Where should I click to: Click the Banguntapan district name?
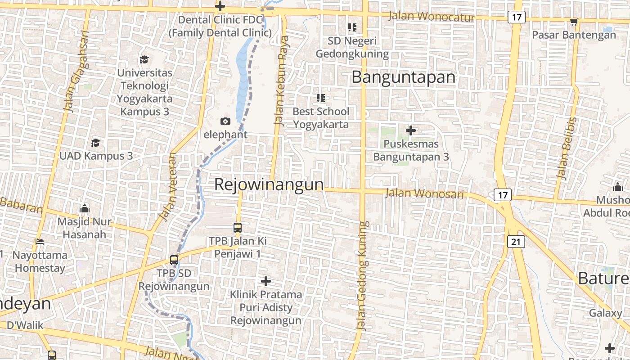pyautogui.click(x=403, y=77)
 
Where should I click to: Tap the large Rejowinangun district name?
pyautogui.click(x=269, y=184)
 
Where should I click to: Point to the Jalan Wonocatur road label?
pyautogui.click(x=431, y=17)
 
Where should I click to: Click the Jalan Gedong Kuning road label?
pyautogui.click(x=363, y=275)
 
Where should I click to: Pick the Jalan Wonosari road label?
pyautogui.click(x=424, y=193)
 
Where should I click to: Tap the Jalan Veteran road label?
pyautogui.click(x=167, y=187)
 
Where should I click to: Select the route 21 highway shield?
pyautogui.click(x=516, y=242)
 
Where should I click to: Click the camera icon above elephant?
pyautogui.click(x=225, y=121)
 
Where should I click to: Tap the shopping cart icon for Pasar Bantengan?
pyautogui.click(x=574, y=22)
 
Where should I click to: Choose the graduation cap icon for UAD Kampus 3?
pyautogui.click(x=95, y=143)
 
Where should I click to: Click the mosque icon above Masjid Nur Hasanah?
pyautogui.click(x=84, y=208)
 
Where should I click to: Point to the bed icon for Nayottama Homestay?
pyautogui.click(x=40, y=242)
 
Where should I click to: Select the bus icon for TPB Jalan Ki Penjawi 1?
pyautogui.click(x=237, y=228)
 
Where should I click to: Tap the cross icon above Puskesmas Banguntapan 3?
pyautogui.click(x=410, y=130)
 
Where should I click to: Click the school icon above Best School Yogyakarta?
pyautogui.click(x=320, y=98)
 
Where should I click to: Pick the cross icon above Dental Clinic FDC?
pyautogui.click(x=220, y=6)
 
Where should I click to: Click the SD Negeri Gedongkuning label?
pyautogui.click(x=352, y=47)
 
